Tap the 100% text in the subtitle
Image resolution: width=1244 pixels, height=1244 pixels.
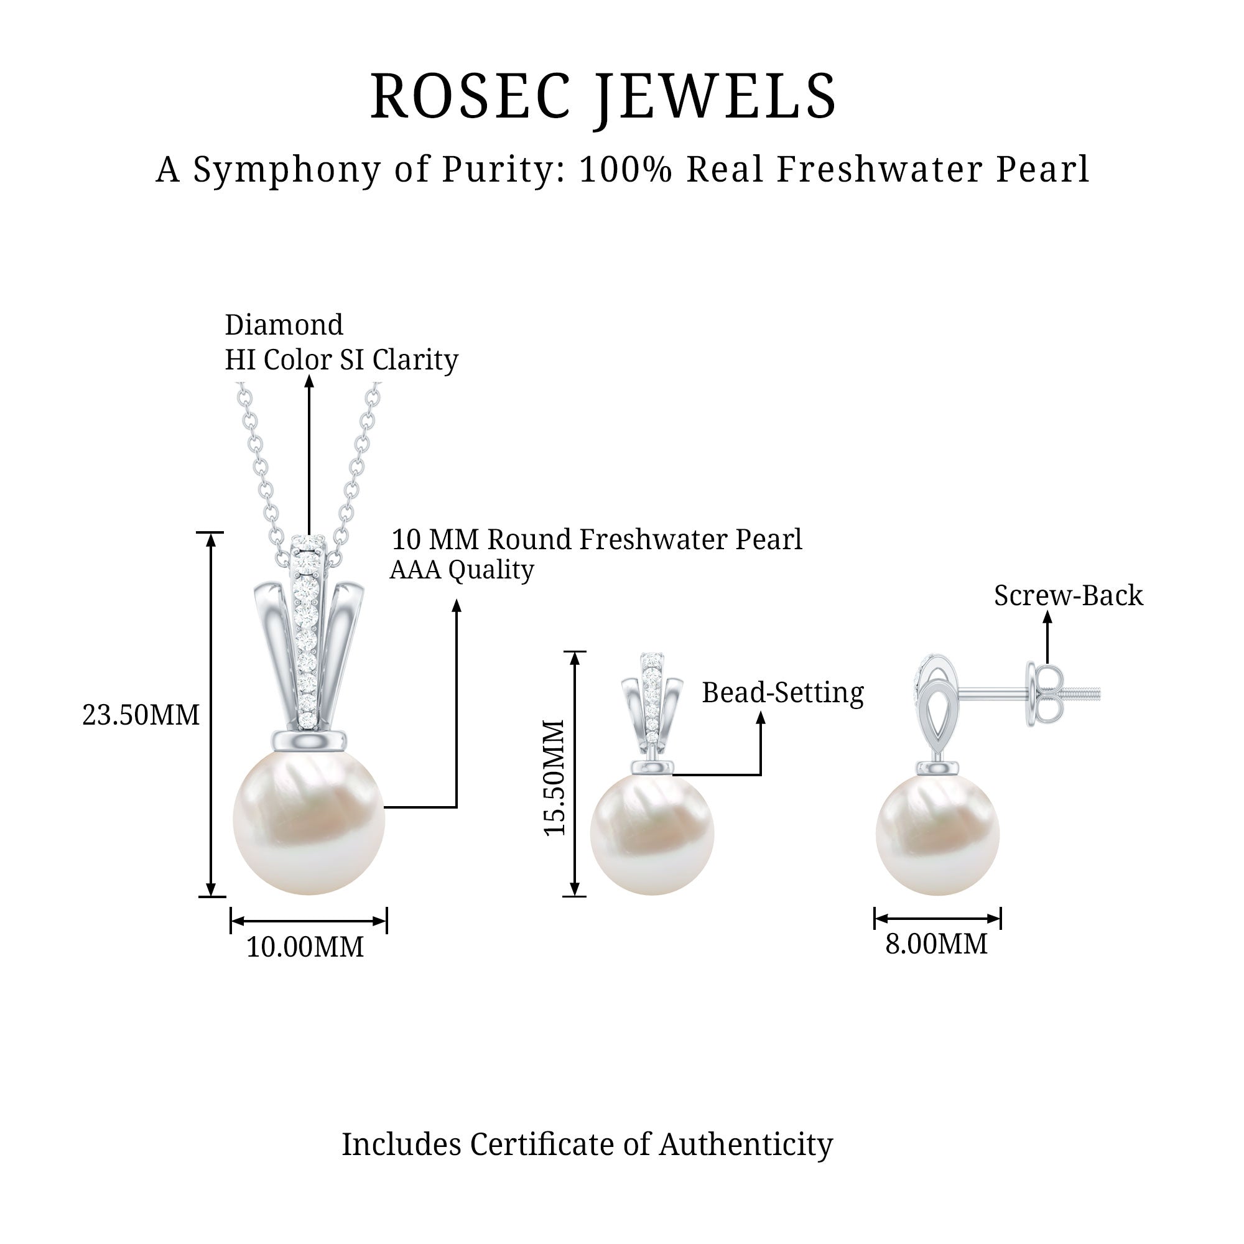(625, 169)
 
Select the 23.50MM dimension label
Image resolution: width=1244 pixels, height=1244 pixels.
(141, 715)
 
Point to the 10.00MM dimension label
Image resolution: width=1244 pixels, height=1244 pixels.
(305, 947)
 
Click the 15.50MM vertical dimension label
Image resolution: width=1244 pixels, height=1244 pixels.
(554, 778)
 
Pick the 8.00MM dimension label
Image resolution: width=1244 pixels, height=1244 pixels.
(936, 945)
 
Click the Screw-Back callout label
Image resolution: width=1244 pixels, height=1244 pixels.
(1068, 596)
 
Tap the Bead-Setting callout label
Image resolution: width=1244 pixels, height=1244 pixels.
(782, 693)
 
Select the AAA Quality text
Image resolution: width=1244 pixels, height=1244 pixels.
(462, 570)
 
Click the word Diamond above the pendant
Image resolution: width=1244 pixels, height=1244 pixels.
(284, 325)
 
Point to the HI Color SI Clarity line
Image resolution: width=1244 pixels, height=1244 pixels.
(341, 360)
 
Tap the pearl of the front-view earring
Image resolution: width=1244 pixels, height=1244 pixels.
(652, 833)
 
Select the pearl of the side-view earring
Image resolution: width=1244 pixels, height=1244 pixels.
(937, 833)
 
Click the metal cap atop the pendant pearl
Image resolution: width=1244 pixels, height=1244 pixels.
(309, 741)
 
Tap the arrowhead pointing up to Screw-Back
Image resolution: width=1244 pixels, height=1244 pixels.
(1047, 616)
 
